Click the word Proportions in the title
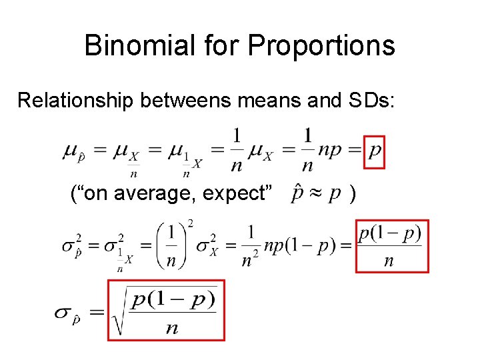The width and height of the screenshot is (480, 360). click(x=321, y=45)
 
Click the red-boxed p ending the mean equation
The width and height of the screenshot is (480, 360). click(x=375, y=153)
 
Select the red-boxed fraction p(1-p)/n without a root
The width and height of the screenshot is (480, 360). click(x=391, y=246)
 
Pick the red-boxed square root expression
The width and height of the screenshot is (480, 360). click(x=166, y=310)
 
